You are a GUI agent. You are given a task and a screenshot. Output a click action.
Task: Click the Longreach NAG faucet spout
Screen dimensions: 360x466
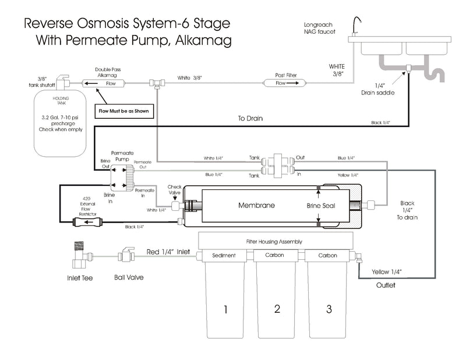coord(357,23)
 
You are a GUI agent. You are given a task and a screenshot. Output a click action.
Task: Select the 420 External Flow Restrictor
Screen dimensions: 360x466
coord(87,222)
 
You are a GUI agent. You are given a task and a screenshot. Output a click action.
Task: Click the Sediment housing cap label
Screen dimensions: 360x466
coord(224,256)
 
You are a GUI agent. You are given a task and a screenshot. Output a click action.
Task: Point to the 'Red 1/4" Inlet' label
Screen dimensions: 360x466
coord(168,252)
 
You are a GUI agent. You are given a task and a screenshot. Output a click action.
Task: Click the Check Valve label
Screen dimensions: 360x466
coord(175,190)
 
